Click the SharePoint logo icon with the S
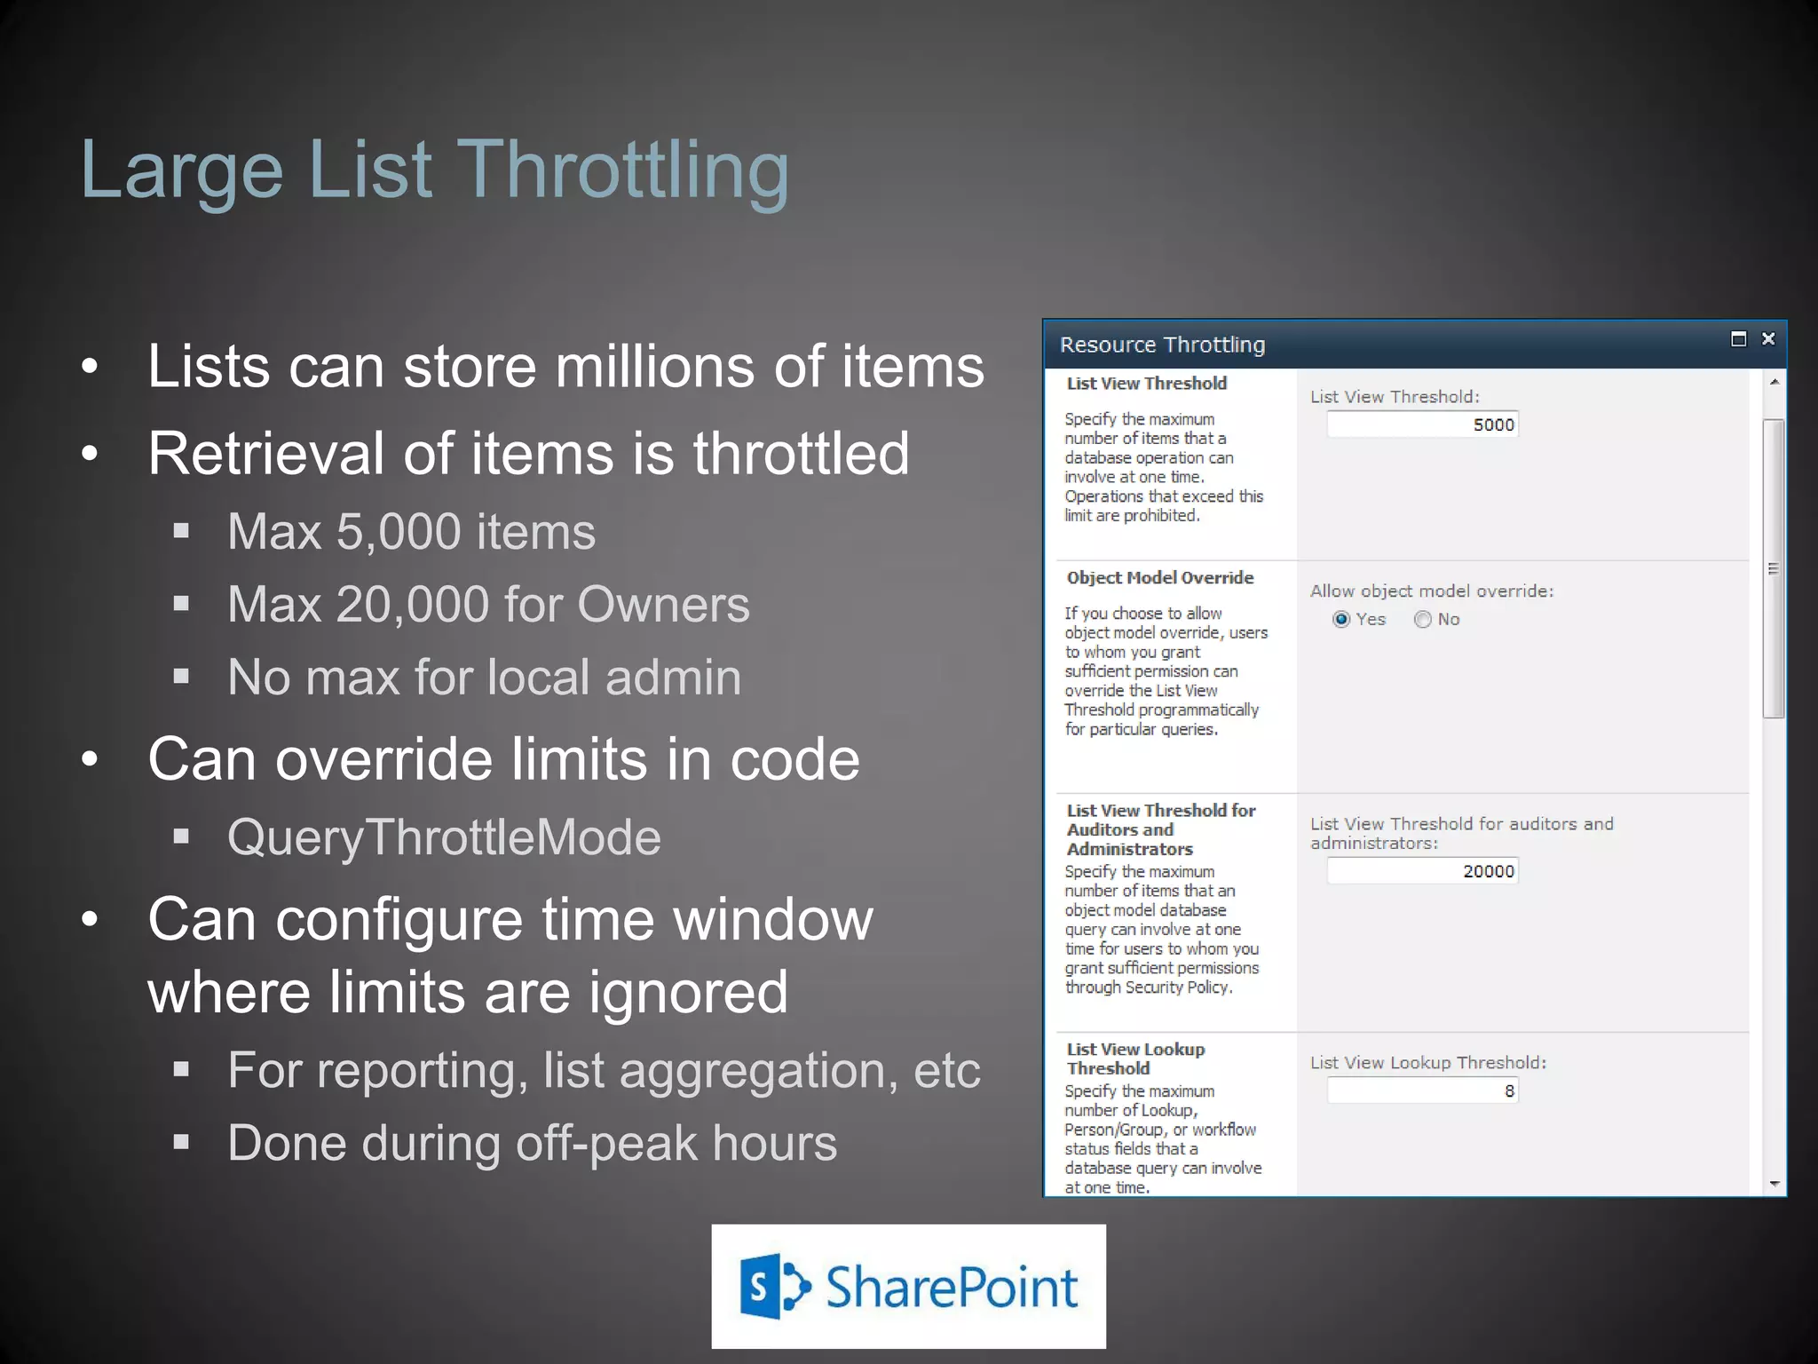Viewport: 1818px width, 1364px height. [774, 1287]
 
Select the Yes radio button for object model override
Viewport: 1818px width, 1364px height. [1341, 619]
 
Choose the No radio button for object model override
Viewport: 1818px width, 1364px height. [1423, 619]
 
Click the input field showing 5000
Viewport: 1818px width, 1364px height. [1422, 424]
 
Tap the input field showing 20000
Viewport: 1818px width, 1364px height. [1422, 871]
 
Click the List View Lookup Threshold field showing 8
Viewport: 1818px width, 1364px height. [1422, 1090]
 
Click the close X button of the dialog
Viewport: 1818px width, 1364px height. [1768, 338]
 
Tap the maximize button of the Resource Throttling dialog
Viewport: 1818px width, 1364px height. [1738, 338]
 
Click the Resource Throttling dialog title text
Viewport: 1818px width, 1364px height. [1162, 345]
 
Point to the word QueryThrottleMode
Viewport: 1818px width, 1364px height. [444, 837]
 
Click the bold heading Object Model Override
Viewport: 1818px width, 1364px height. [1160, 578]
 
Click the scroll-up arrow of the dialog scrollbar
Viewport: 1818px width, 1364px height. [1774, 382]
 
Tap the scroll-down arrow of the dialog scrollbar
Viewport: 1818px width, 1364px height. [1774, 1184]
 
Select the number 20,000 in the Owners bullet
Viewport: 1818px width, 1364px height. [413, 605]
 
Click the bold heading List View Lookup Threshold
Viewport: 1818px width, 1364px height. [1135, 1059]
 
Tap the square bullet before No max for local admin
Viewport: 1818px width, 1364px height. [182, 677]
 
